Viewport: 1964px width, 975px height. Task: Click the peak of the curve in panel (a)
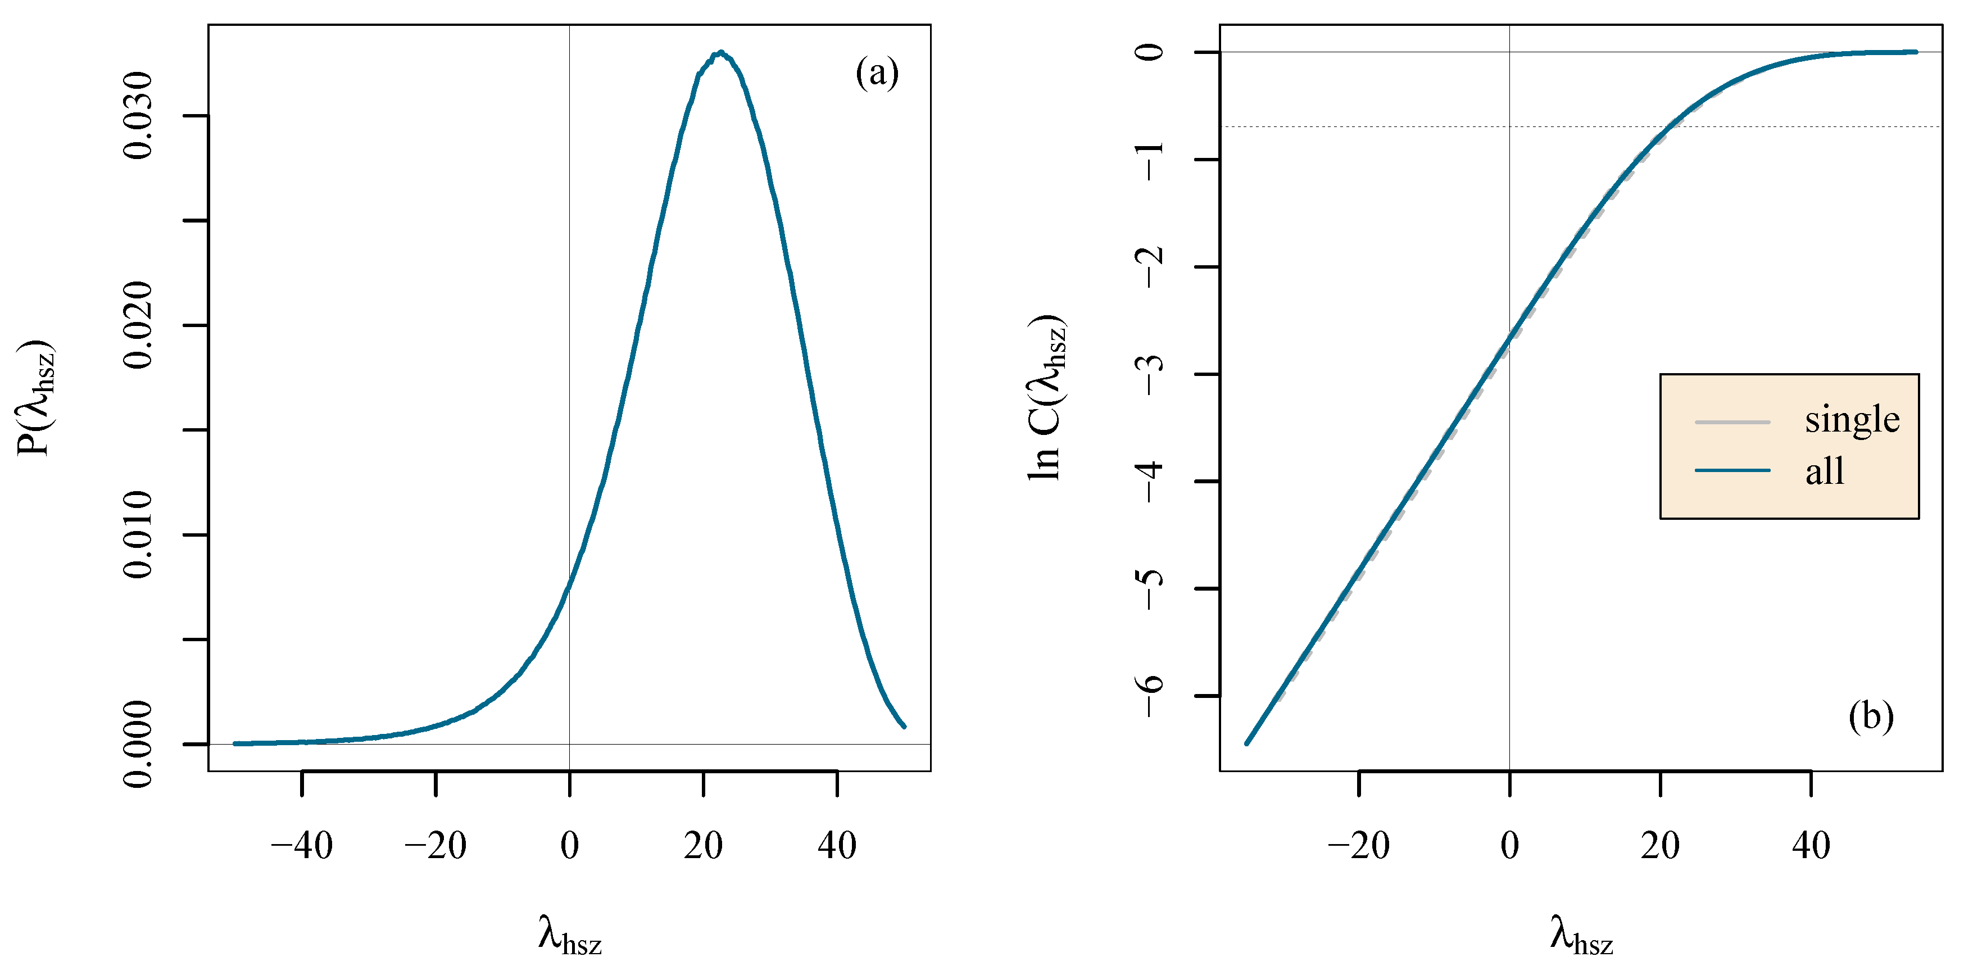click(x=720, y=53)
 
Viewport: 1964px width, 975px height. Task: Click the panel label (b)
click(x=1870, y=716)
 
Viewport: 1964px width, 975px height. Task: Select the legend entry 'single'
click(x=1851, y=419)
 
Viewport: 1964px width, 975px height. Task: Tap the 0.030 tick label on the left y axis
click(x=139, y=116)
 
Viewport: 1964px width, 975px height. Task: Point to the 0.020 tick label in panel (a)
click(x=139, y=325)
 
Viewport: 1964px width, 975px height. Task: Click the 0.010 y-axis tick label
click(x=139, y=534)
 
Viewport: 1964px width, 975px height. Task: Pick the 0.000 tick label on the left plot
click(x=139, y=743)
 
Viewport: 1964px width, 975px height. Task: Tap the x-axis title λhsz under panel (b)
click(x=1581, y=935)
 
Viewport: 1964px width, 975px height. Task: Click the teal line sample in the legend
click(x=1732, y=470)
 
